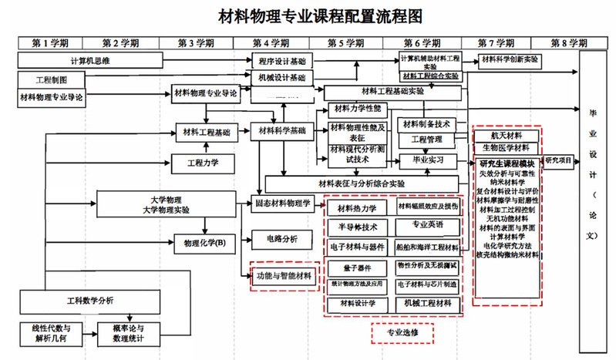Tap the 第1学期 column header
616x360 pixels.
point(49,42)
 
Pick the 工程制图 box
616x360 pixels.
point(52,79)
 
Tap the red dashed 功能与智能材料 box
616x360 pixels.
point(284,275)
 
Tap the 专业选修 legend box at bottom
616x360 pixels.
point(401,333)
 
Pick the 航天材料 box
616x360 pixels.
point(505,136)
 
